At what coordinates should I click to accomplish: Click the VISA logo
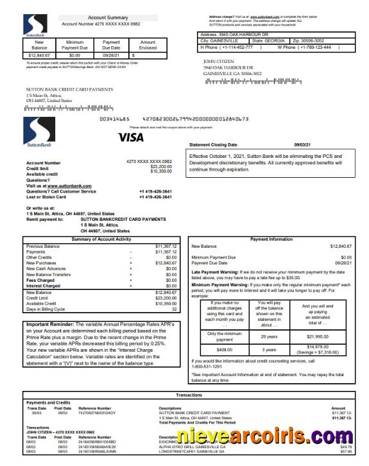131,137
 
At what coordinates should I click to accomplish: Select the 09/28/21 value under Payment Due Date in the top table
111,56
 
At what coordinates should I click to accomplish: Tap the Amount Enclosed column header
148,44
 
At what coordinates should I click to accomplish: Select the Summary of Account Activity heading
101,239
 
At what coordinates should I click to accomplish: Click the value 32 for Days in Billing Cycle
174,309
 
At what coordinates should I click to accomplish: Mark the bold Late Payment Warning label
214,272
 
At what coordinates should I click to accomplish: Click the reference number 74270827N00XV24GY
98,413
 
